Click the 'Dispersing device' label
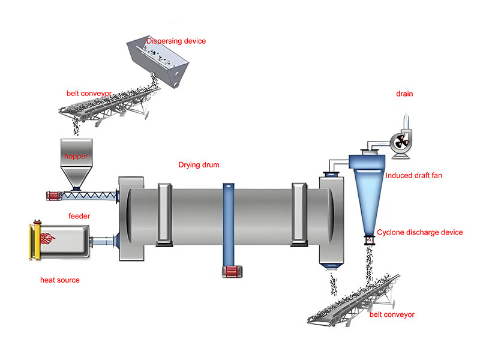[x=176, y=41]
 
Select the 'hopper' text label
[x=76, y=156]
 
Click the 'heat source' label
[x=59, y=280]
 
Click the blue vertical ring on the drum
[x=229, y=222]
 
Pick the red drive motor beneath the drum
[x=230, y=272]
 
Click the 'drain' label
[x=404, y=94]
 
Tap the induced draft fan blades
[x=400, y=142]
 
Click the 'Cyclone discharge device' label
[x=420, y=232]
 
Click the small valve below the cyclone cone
[x=369, y=240]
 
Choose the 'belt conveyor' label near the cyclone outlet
[x=392, y=314]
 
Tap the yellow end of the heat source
[x=35, y=241]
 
